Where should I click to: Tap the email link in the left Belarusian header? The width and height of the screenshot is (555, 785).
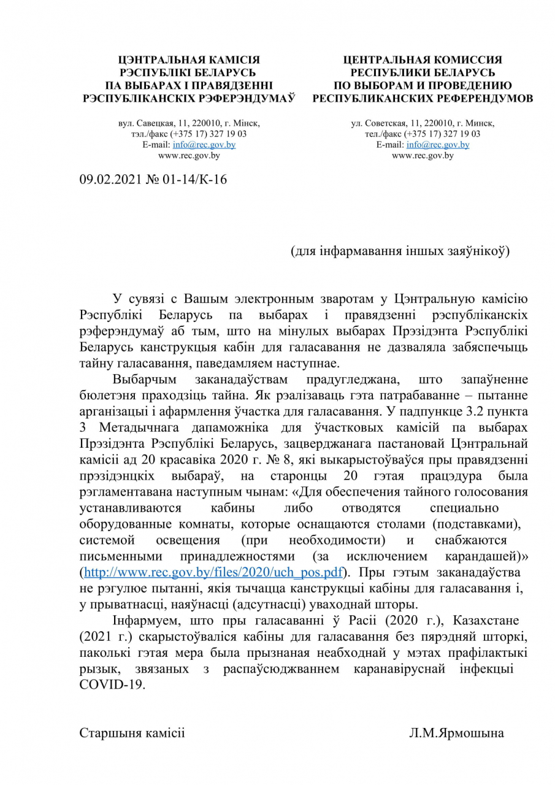tap(204, 145)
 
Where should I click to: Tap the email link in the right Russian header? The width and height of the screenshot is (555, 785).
tap(437, 145)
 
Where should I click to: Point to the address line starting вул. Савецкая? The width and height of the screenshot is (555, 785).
tap(189, 123)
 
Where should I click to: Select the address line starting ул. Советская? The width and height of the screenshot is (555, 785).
tap(423, 123)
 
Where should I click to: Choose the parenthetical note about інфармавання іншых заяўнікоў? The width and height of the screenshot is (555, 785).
tap(400, 251)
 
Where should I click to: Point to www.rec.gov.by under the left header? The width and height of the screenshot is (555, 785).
tap(189, 156)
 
